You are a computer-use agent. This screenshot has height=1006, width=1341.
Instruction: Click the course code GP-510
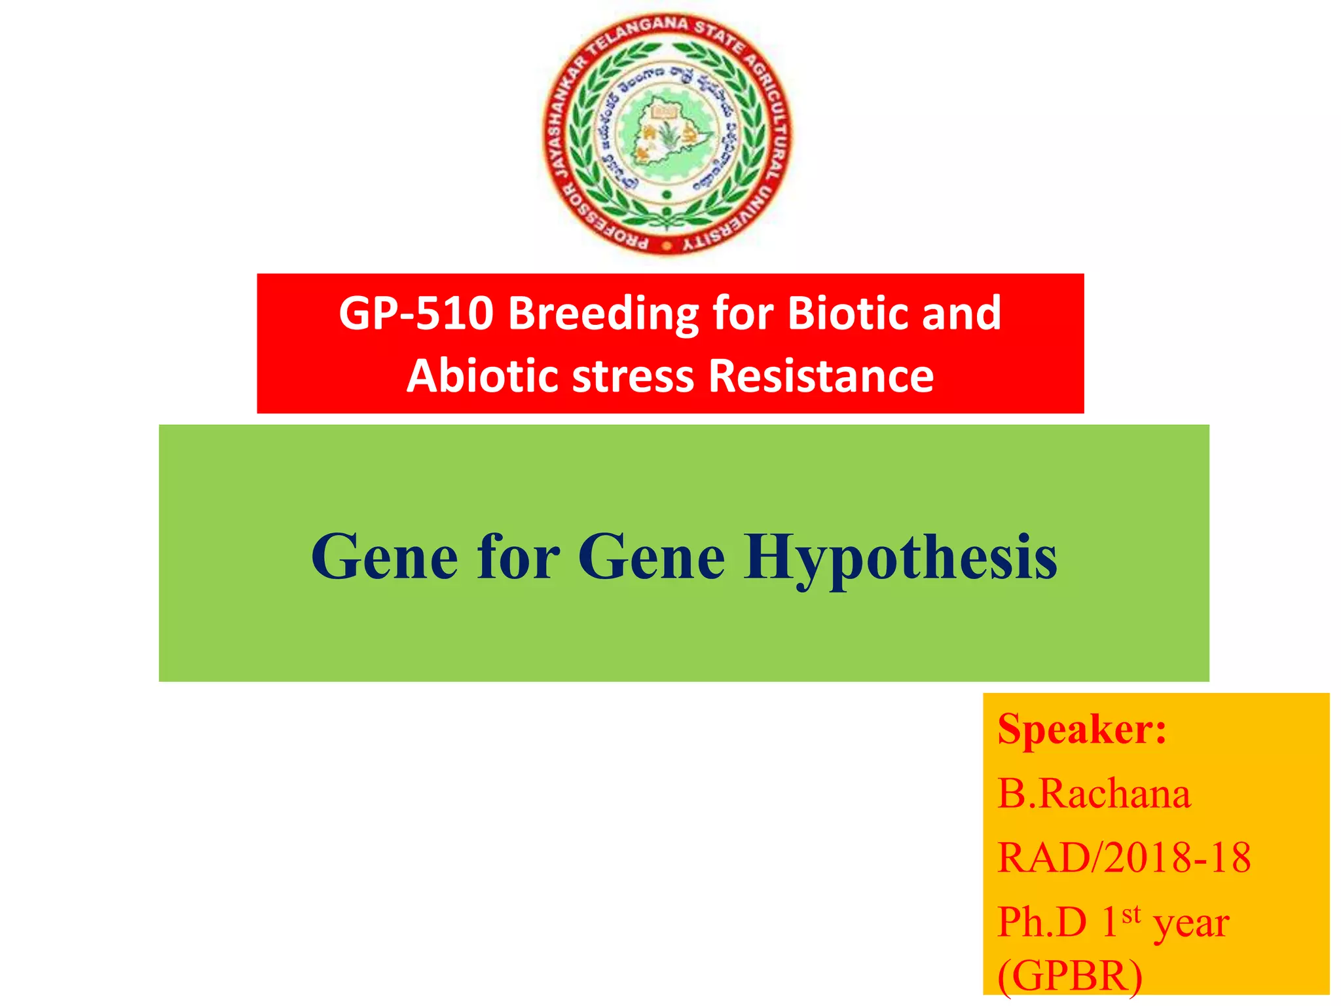tap(415, 313)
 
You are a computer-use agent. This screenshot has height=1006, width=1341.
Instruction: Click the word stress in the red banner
tap(633, 377)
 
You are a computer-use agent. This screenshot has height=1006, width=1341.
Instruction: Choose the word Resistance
tap(821, 376)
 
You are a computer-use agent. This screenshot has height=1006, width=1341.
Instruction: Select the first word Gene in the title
tap(384, 557)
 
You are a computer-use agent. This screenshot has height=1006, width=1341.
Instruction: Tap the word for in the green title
tap(518, 557)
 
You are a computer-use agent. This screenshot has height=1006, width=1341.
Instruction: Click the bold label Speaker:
tap(1081, 729)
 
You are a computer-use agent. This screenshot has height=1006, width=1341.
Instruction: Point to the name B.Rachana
tap(1093, 794)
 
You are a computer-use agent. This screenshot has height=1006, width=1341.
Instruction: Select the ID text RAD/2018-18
tap(1123, 857)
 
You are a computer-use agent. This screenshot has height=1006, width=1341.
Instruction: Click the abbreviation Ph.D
tap(1041, 922)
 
